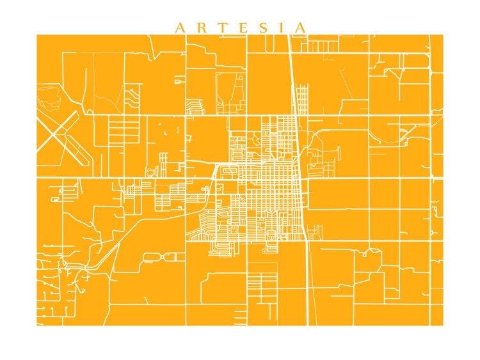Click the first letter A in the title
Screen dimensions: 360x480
[180, 27]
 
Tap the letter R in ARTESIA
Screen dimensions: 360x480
[199, 27]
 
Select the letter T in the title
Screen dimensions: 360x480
[220, 27]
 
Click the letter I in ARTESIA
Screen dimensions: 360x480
[279, 27]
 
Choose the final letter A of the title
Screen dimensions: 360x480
[299, 27]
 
